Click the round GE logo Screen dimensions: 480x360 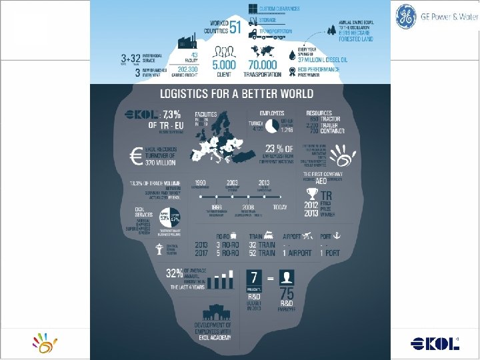(405, 17)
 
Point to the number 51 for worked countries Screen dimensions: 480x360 (235, 27)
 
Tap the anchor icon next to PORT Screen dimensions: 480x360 (337, 235)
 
